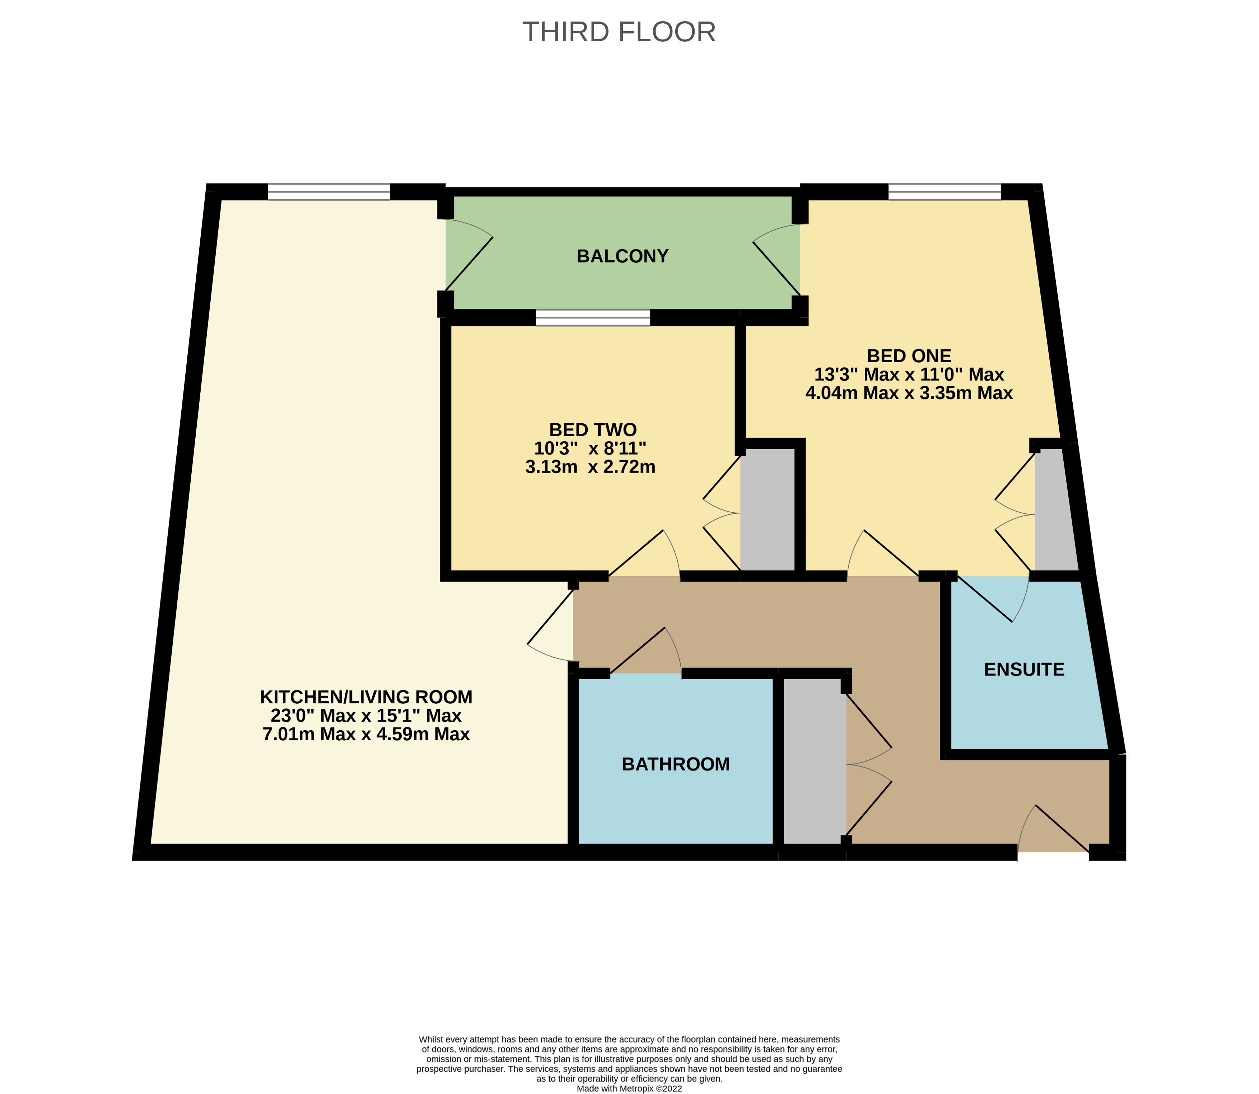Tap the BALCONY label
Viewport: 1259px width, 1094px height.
pos(622,256)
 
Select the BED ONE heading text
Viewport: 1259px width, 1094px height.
pos(909,355)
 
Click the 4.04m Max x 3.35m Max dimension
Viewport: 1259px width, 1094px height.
pos(909,393)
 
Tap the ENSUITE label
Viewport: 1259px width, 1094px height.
pos(1023,670)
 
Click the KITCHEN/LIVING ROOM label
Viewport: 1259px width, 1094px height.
pos(366,697)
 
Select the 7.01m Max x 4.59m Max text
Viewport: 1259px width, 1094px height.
pos(366,735)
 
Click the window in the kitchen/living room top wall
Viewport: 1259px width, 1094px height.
pos(328,192)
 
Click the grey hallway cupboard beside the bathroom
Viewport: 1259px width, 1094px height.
pos(814,762)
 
